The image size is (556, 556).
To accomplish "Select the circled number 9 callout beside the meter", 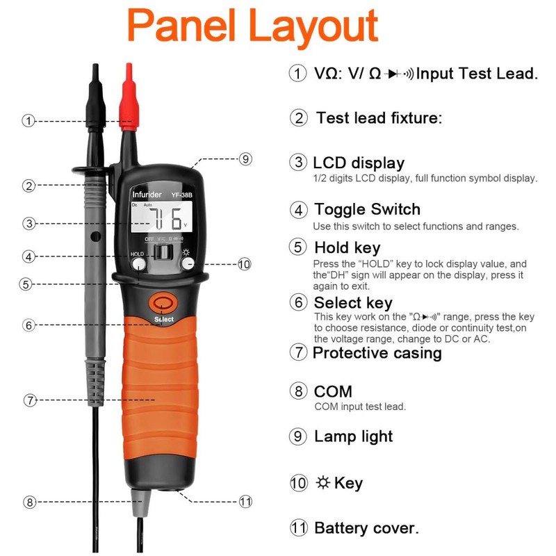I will tap(245, 158).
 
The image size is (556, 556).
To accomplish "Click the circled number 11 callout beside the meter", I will tap(245, 500).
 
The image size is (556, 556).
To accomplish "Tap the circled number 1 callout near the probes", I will tap(28, 121).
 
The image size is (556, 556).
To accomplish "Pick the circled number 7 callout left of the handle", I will tap(28, 400).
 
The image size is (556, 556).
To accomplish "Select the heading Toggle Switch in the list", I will tap(367, 209).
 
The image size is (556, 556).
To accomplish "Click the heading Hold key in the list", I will tap(347, 247).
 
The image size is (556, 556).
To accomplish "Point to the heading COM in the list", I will tap(333, 391).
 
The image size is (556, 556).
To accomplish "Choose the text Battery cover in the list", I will tap(366, 528).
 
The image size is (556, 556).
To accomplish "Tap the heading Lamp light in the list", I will tap(353, 436).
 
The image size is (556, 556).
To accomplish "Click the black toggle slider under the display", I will tap(164, 251).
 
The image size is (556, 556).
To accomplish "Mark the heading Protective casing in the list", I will tap(377, 352).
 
